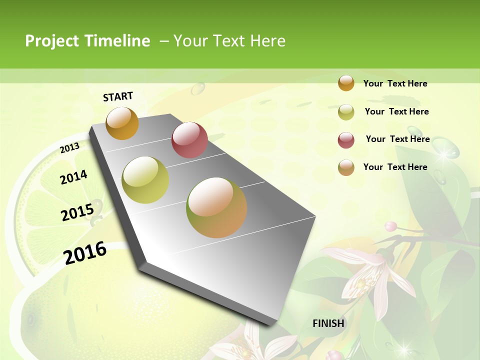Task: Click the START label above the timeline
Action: pyautogui.click(x=118, y=96)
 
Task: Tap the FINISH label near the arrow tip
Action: pyautogui.click(x=328, y=323)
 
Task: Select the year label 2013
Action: pyautogui.click(x=69, y=147)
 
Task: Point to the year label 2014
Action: pyautogui.click(x=73, y=177)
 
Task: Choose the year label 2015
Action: pyautogui.click(x=77, y=212)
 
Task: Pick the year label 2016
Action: pyautogui.click(x=85, y=252)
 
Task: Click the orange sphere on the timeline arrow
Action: pyautogui.click(x=122, y=123)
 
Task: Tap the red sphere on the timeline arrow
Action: pyautogui.click(x=189, y=139)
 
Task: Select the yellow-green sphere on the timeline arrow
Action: pyautogui.click(x=145, y=179)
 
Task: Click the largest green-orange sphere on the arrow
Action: pyautogui.click(x=216, y=207)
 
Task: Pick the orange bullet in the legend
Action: pyautogui.click(x=346, y=83)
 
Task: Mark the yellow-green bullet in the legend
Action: pyautogui.click(x=346, y=111)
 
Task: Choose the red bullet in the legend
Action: pyautogui.click(x=346, y=139)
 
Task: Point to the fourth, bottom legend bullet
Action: pyautogui.click(x=346, y=167)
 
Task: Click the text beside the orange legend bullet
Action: pyautogui.click(x=395, y=83)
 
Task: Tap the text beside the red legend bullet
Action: pyautogui.click(x=397, y=139)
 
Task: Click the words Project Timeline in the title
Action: pyautogui.click(x=87, y=41)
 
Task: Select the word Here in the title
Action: pyautogui.click(x=267, y=41)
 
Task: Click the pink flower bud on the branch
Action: pyautogui.click(x=391, y=226)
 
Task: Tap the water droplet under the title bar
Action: pyautogui.click(x=198, y=88)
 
